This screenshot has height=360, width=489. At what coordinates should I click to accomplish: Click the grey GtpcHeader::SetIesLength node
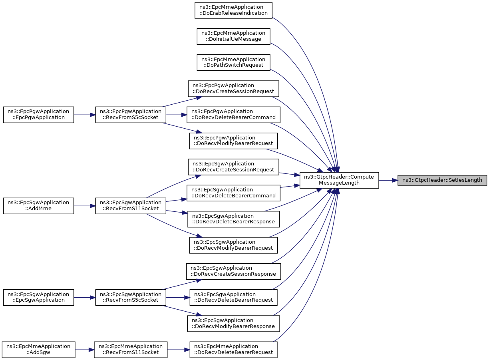tap(442, 180)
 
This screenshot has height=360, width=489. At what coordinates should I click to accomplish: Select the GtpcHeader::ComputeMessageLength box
tap(339, 180)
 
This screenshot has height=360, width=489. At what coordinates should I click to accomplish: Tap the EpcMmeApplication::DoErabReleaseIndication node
tap(233, 10)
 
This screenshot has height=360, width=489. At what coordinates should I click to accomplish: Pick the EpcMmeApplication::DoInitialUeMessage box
tap(233, 36)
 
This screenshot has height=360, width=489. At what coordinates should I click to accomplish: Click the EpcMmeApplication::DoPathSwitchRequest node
tap(233, 62)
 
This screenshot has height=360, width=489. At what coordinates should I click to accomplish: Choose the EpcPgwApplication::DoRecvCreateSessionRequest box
tap(233, 89)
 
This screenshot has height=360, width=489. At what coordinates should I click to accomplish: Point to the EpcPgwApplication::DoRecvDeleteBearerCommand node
tap(233, 115)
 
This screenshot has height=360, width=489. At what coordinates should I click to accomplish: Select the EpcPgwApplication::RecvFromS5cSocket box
tap(131, 115)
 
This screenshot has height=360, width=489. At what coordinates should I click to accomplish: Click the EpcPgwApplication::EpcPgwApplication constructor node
tap(39, 115)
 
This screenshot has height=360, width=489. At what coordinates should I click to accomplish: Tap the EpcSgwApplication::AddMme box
tap(39, 206)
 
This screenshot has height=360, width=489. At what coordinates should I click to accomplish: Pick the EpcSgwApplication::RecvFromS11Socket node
tap(131, 206)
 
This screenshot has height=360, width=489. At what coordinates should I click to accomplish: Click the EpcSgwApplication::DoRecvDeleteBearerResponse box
tap(233, 219)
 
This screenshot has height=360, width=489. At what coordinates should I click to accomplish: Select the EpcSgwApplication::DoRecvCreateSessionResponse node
tap(233, 271)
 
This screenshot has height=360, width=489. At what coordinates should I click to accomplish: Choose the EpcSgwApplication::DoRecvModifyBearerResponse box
tap(233, 324)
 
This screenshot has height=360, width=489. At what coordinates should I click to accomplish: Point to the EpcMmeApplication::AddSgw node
tap(39, 350)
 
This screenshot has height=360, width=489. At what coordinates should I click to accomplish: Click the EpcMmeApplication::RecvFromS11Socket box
tap(131, 350)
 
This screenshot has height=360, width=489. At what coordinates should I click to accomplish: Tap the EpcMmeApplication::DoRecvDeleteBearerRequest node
tap(233, 350)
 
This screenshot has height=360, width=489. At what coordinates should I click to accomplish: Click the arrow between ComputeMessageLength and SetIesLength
tap(388, 180)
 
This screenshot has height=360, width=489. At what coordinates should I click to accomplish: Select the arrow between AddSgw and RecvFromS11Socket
tap(84, 350)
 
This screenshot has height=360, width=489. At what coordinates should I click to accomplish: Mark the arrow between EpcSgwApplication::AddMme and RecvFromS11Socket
tap(84, 206)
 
